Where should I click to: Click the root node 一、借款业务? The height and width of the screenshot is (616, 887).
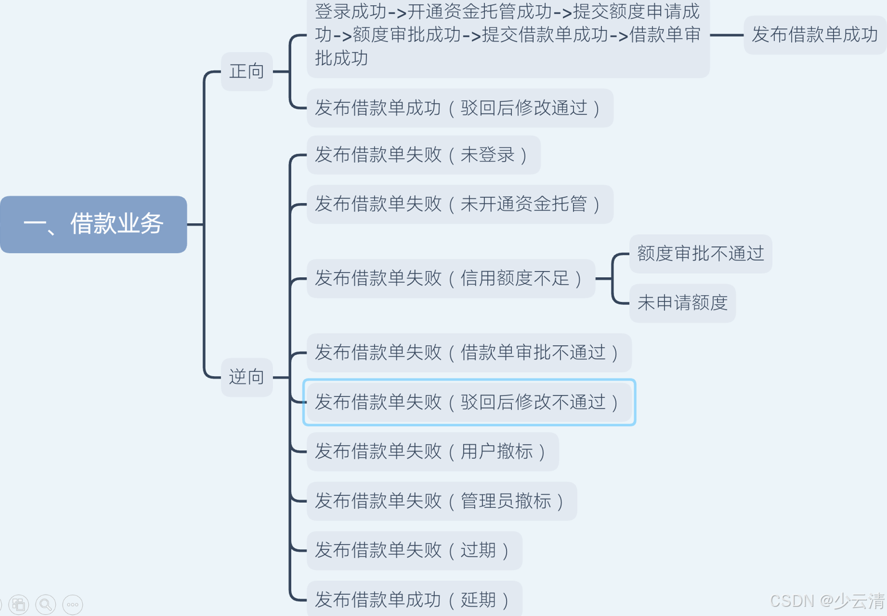[x=94, y=224]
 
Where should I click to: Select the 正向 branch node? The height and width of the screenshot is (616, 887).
[x=246, y=71]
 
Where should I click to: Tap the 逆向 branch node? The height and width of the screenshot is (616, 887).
[x=246, y=377]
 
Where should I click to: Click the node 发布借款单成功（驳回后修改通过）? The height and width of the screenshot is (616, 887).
[x=460, y=108]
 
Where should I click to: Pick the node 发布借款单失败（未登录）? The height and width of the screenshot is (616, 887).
[x=423, y=155]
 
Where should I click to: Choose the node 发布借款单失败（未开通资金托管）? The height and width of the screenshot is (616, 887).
[x=460, y=204]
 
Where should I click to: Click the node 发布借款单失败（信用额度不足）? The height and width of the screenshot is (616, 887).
[x=450, y=278]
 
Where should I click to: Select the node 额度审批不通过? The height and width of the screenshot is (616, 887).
[x=700, y=254]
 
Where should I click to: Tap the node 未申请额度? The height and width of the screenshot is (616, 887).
[x=682, y=303]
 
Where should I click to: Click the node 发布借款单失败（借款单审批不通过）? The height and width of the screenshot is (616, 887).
[x=469, y=353]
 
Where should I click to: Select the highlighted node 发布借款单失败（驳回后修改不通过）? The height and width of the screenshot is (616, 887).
[x=469, y=402]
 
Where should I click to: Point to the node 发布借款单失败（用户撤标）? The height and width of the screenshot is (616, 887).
[x=433, y=452]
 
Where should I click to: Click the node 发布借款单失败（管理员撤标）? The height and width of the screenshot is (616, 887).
[x=441, y=501]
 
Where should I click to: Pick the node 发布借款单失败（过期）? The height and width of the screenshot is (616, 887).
[x=414, y=550]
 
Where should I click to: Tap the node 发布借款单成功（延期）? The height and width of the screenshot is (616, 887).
[x=414, y=599]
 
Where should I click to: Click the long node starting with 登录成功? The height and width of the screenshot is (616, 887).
[x=508, y=35]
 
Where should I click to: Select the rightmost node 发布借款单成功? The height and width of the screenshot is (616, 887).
[x=815, y=35]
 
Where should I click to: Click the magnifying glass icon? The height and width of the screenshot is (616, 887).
[x=45, y=604]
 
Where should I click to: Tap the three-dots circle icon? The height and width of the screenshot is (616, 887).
[x=72, y=604]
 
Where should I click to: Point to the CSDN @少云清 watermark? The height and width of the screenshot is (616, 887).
[x=827, y=601]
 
